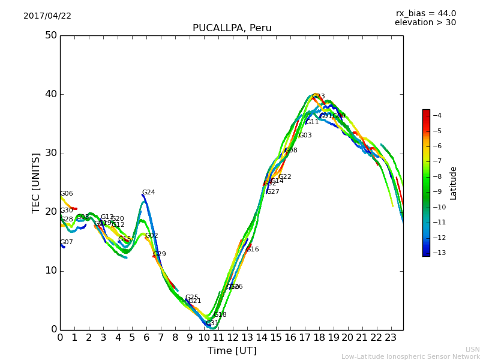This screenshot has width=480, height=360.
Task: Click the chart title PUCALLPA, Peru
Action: (232, 28)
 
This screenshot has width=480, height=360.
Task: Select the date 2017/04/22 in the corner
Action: (47, 16)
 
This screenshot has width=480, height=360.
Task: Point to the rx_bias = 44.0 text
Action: (425, 14)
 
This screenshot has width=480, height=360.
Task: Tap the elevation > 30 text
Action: (425, 23)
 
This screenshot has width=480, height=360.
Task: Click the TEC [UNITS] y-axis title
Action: (36, 182)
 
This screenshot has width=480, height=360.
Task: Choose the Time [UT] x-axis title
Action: (232, 351)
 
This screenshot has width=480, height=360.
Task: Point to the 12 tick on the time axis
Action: (233, 338)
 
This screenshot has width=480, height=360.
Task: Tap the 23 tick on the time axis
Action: (391, 338)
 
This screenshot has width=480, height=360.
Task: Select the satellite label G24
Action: (148, 193)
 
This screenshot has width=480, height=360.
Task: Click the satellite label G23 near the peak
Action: (318, 97)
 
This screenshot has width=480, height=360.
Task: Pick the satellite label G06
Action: (66, 194)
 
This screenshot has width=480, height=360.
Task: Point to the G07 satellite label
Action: (66, 242)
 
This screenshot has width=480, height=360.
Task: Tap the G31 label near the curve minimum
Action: (212, 323)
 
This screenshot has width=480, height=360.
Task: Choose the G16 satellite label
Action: (253, 250)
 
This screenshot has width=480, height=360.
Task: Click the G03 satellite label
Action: (305, 136)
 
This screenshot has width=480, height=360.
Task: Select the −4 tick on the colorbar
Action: (437, 116)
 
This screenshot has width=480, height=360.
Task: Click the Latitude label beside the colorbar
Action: (454, 183)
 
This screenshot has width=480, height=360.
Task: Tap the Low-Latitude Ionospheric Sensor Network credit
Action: (410, 356)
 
